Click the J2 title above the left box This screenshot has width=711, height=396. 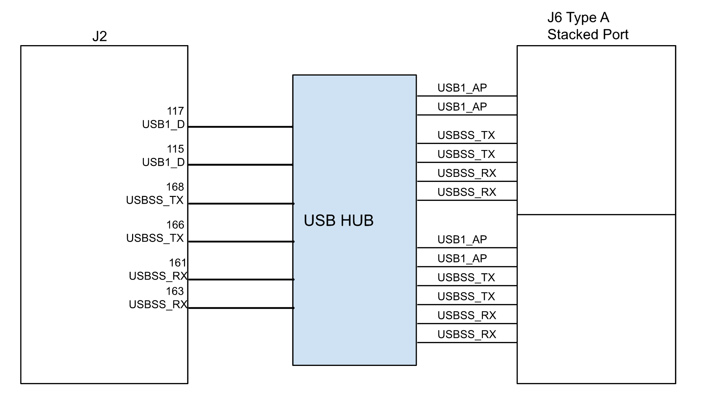pyautogui.click(x=100, y=37)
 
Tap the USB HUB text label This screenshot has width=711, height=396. pyautogui.click(x=338, y=221)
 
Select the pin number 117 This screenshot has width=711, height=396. pyautogui.click(x=175, y=111)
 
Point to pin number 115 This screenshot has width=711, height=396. pyautogui.click(x=175, y=149)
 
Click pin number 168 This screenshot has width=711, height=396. pyautogui.click(x=175, y=187)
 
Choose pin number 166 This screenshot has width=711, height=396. pyautogui.click(x=175, y=225)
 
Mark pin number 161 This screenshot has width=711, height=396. pyautogui.click(x=178, y=263)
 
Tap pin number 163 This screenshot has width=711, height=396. pyautogui.click(x=175, y=291)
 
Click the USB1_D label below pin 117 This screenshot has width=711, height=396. pyautogui.click(x=163, y=124)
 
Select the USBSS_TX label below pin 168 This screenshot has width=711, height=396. pyautogui.click(x=155, y=200)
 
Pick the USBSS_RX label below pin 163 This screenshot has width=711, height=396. pyautogui.click(x=158, y=304)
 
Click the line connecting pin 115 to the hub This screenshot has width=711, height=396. pyautogui.click(x=240, y=165)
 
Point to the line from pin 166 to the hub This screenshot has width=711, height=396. pyautogui.click(x=240, y=242)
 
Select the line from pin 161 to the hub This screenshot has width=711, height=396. pyautogui.click(x=240, y=279)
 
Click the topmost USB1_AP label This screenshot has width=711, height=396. pyautogui.click(x=462, y=88)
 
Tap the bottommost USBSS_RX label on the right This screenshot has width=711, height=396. pyautogui.click(x=466, y=334)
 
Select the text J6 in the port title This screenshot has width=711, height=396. pyautogui.click(x=555, y=18)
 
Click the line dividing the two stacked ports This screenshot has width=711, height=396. pyautogui.click(x=596, y=215)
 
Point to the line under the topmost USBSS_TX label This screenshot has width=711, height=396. pyautogui.click(x=466, y=144)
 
